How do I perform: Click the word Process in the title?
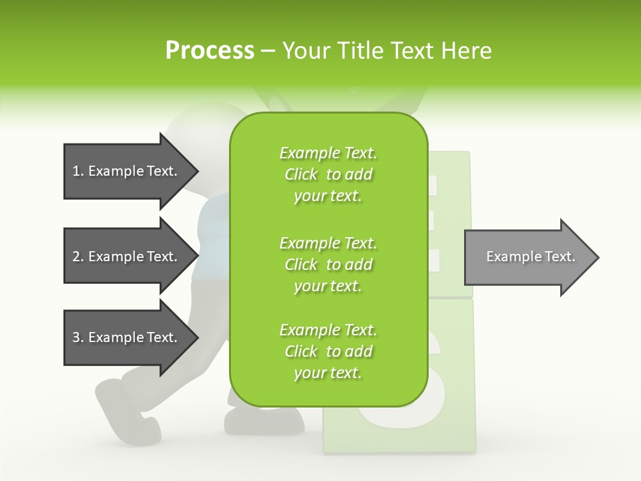click(x=210, y=51)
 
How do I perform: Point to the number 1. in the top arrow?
click(x=78, y=171)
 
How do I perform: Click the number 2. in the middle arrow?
click(x=78, y=257)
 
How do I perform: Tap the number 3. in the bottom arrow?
click(x=78, y=337)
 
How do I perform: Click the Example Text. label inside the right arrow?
click(x=530, y=257)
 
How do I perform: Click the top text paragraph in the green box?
click(x=328, y=174)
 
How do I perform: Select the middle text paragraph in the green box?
click(x=328, y=264)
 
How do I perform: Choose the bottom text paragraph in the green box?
click(x=328, y=351)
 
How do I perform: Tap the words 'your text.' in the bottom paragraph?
click(x=328, y=373)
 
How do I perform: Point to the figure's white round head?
click(x=194, y=134)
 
